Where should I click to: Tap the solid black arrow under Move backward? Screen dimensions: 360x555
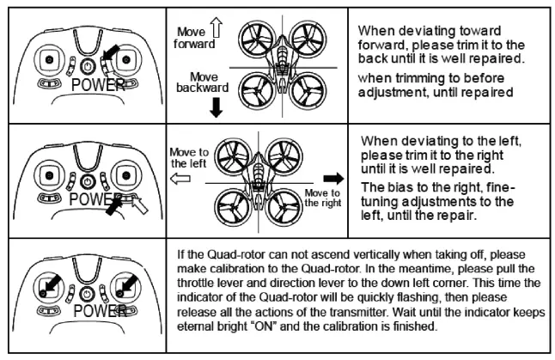[x=216, y=107]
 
